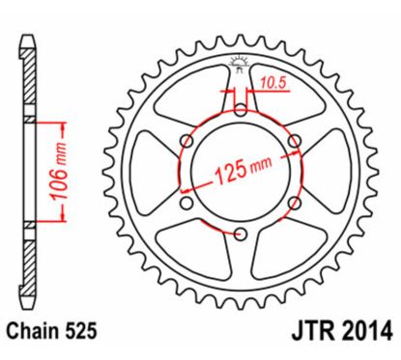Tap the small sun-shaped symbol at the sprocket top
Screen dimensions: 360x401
click(x=240, y=65)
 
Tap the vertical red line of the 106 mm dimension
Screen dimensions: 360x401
click(x=63, y=174)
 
